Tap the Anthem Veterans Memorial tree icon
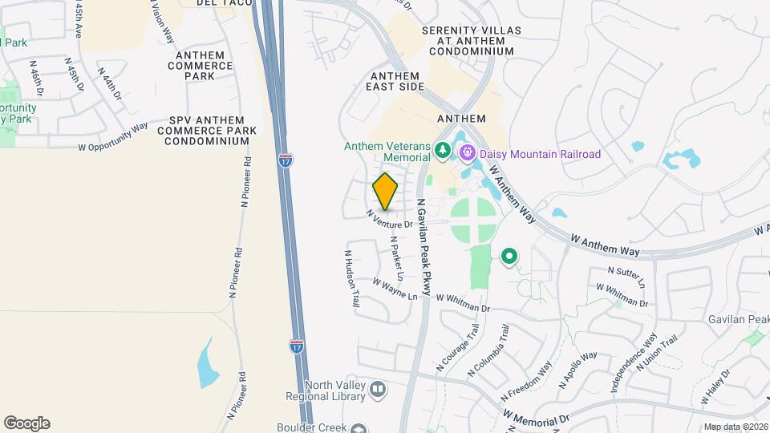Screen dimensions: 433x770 pyautogui.click(x=441, y=150)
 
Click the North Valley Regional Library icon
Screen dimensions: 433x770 pyautogui.click(x=378, y=390)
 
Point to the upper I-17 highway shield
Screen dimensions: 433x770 pyautogui.click(x=286, y=160)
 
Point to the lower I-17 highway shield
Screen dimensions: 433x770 pyautogui.click(x=297, y=346)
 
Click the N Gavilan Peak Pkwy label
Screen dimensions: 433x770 pyautogui.click(x=423, y=249)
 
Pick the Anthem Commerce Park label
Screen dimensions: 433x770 pyautogui.click(x=192, y=66)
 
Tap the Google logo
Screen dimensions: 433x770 pyautogui.click(x=26, y=423)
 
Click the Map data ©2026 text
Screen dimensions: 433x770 pyautogui.click(x=736, y=427)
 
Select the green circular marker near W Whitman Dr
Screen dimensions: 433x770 pyautogui.click(x=509, y=257)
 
